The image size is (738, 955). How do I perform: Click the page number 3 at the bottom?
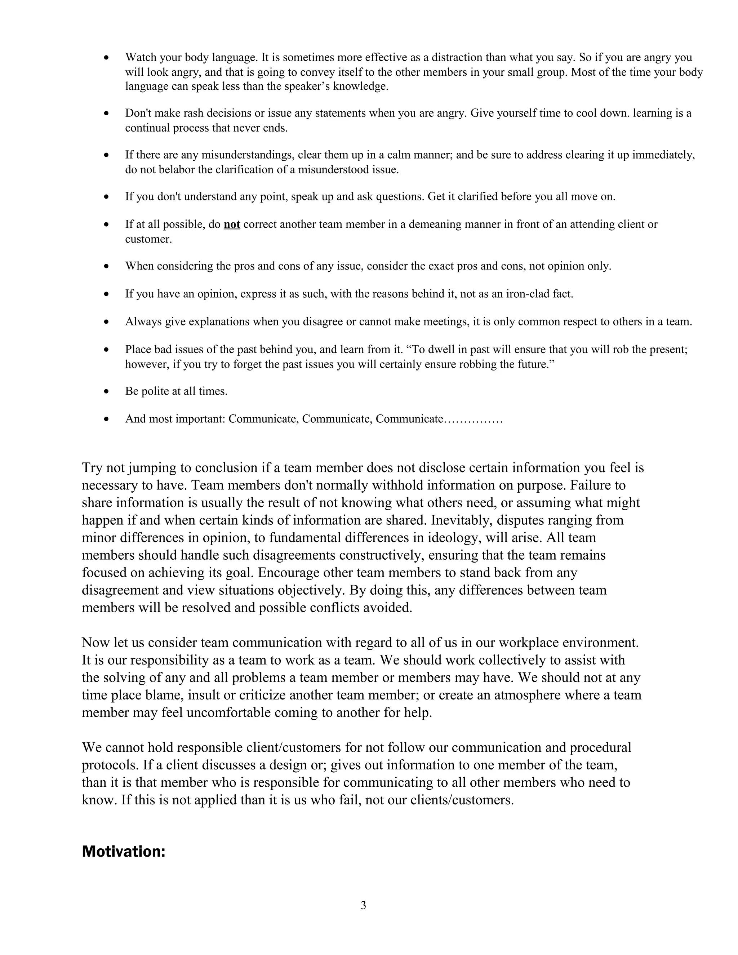click(363, 906)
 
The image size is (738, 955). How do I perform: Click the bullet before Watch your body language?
click(106, 58)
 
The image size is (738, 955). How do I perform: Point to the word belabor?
click(178, 170)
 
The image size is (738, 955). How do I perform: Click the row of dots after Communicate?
click(474, 420)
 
